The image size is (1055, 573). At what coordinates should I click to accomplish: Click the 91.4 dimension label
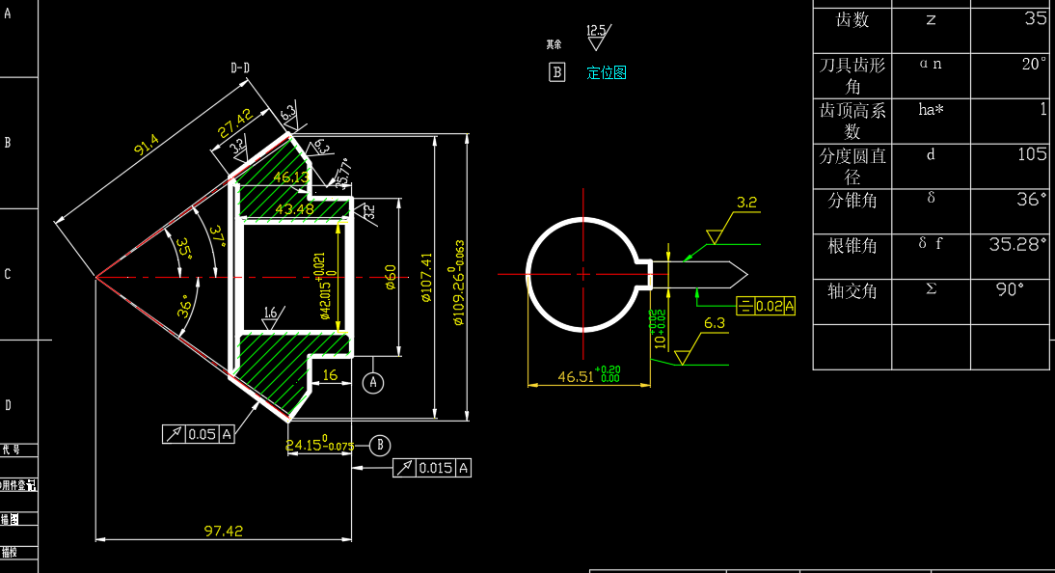[x=147, y=147]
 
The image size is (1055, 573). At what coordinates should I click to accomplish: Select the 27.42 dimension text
[x=234, y=123]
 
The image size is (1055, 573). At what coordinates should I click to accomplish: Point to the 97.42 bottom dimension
[x=224, y=531]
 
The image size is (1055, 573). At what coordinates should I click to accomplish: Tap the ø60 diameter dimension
[x=391, y=277]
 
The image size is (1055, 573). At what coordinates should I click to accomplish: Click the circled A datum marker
[x=373, y=383]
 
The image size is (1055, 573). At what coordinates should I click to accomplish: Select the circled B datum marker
[x=381, y=445]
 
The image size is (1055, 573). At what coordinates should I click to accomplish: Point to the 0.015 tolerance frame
[x=433, y=468]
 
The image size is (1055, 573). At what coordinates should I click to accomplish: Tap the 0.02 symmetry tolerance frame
[x=767, y=307]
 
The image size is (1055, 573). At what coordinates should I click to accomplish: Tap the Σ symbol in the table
[x=931, y=288]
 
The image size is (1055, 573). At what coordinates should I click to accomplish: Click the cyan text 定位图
[x=607, y=72]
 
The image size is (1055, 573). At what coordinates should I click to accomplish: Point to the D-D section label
[x=240, y=68]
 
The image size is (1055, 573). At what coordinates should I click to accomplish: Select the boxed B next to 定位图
[x=556, y=72]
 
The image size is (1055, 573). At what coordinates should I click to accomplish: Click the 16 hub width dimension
[x=329, y=374]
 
